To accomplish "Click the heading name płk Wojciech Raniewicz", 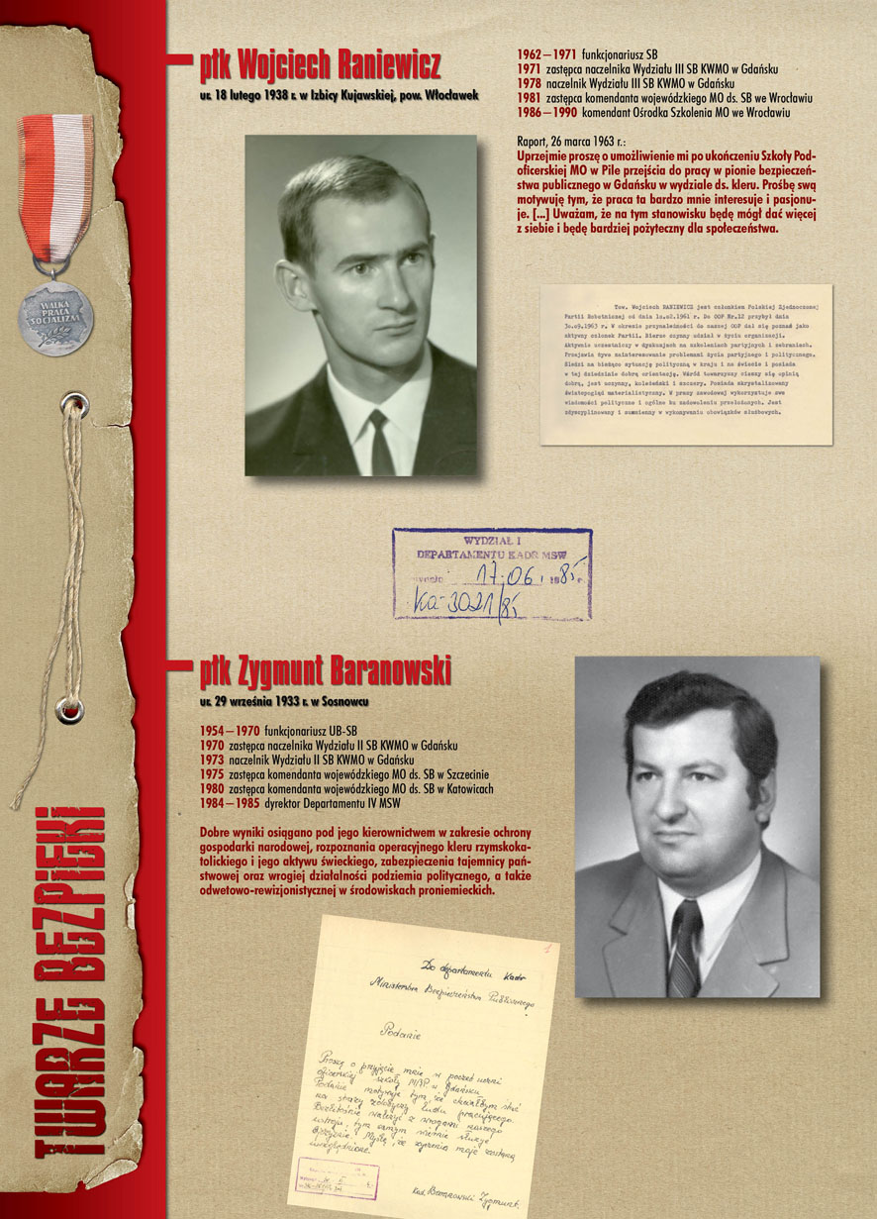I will point(319,66).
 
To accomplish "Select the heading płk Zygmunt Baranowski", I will point(325,672).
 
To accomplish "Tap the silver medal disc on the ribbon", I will point(55,318).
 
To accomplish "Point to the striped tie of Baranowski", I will point(685,945).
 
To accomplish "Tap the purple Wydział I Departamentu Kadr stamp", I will point(492,573).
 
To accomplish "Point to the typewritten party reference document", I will point(685,363).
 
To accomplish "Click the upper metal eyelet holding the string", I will point(70,402).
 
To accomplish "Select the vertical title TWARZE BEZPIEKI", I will point(70,980).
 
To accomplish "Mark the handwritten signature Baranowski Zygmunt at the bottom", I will point(465,1196).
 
